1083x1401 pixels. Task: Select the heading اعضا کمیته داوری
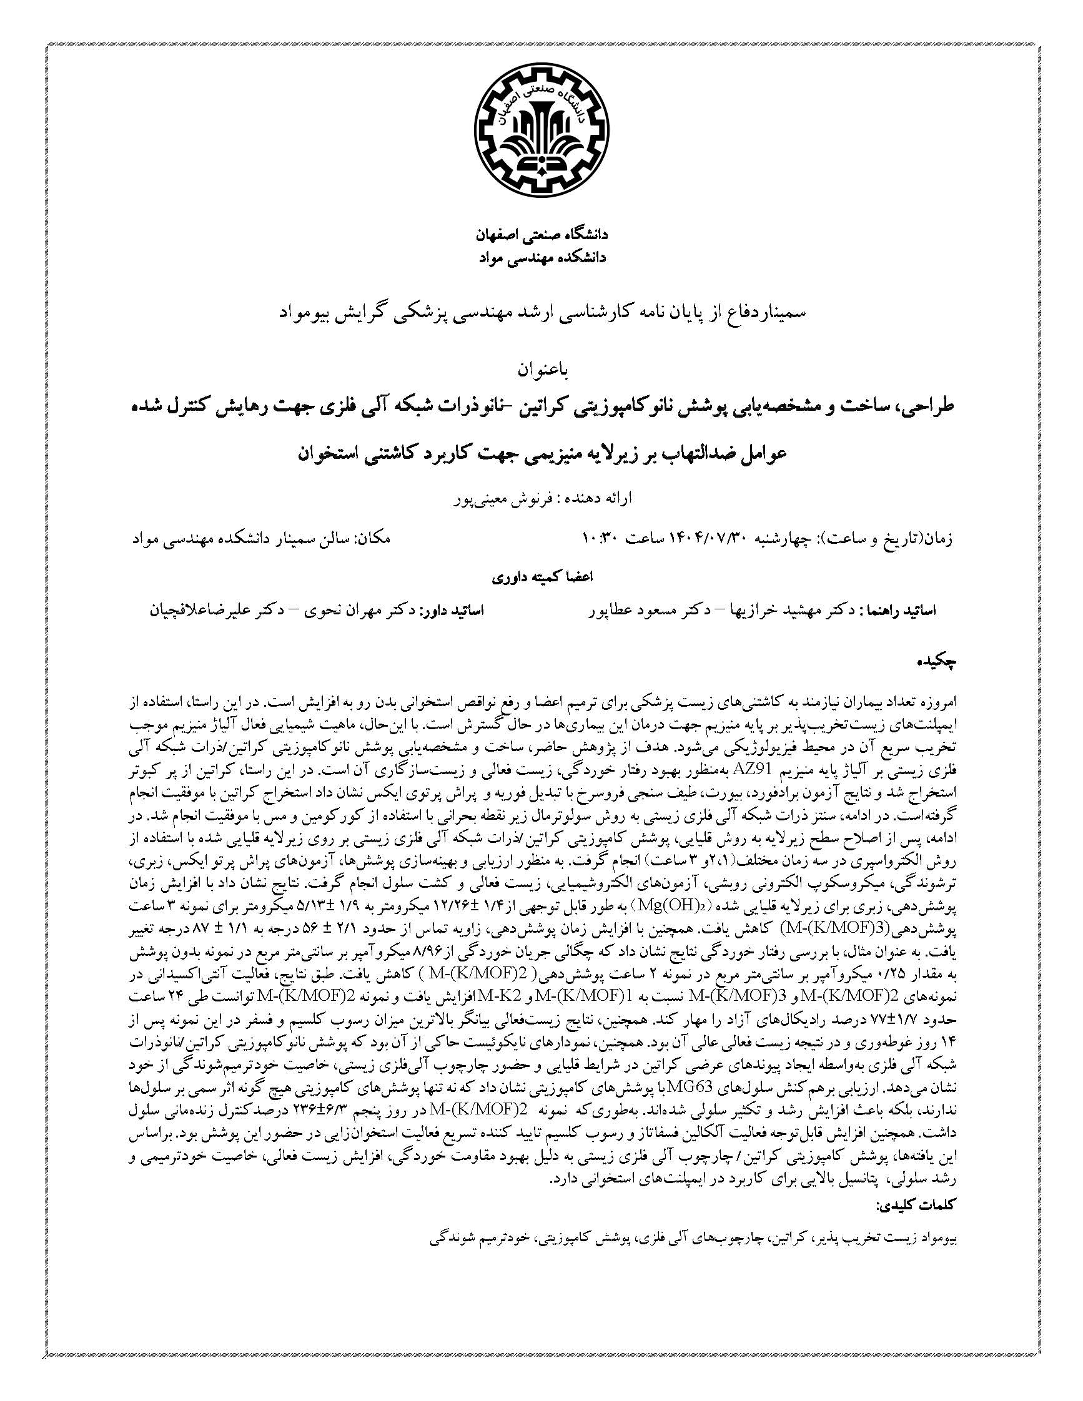pos(542,577)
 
